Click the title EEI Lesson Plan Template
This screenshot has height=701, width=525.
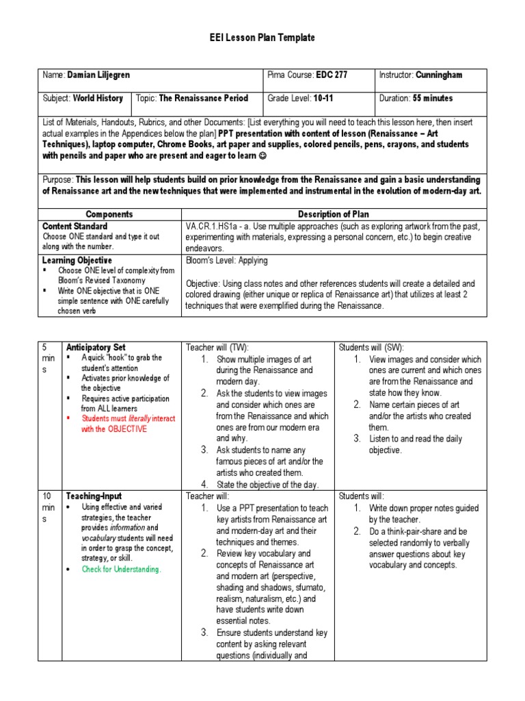click(262, 38)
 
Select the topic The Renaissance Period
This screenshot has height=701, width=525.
click(203, 98)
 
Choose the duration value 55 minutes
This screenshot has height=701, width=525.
click(432, 98)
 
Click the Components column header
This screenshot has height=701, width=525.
click(109, 214)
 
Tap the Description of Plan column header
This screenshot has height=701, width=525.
click(333, 214)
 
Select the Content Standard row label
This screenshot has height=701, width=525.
click(75, 226)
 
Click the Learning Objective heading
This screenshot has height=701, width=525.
click(77, 261)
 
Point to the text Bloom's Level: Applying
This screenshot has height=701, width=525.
click(226, 261)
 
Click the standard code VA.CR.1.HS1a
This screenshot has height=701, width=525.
click(216, 226)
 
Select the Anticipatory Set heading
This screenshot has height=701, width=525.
click(95, 347)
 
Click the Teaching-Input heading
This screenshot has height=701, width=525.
click(93, 496)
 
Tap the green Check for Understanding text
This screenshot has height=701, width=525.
click(121, 569)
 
